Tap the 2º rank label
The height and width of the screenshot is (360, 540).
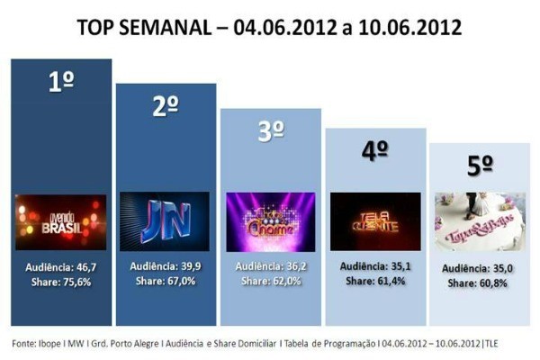coord(165,105)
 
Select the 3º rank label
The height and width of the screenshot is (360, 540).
coord(271,130)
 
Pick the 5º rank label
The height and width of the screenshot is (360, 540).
coord(480,166)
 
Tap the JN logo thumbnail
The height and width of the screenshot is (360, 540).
coord(165,221)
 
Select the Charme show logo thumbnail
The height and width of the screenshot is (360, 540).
coord(271,221)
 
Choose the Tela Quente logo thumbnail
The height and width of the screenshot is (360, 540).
coord(375,221)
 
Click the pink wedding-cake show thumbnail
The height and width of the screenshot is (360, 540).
coord(480,221)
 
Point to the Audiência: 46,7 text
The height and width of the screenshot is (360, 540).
coord(61,267)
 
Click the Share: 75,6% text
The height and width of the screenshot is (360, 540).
coord(61,281)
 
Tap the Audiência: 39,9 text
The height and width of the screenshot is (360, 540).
coord(165,266)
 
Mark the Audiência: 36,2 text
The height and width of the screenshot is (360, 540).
coord(271,267)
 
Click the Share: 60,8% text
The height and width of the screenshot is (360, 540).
coord(480,281)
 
